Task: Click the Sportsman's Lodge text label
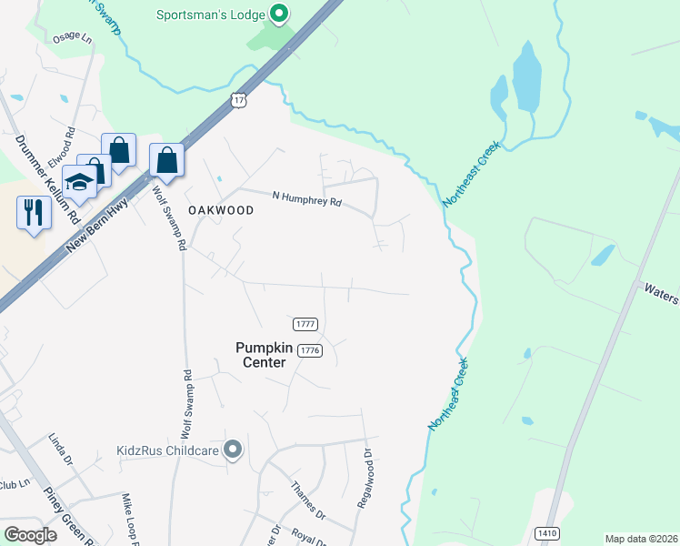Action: point(210,15)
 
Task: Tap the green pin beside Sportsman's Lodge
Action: point(280,15)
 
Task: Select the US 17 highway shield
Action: point(238,100)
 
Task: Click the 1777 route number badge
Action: point(305,324)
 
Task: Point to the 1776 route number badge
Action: point(311,350)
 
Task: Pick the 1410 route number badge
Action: point(546,532)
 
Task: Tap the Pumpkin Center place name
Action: point(261,354)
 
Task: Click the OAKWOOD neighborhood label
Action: point(220,209)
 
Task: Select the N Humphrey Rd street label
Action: point(307,198)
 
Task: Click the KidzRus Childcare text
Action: point(168,450)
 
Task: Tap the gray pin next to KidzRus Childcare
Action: point(234,449)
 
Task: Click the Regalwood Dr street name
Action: point(368,477)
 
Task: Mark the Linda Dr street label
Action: point(59,450)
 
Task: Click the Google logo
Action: point(31,535)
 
